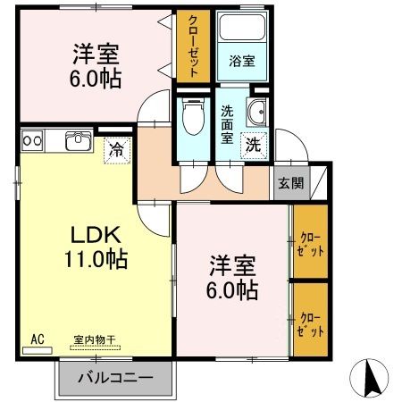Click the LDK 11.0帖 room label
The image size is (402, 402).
coord(99,247)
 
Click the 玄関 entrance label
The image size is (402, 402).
coord(290,183)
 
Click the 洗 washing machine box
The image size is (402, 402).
coord(254,144)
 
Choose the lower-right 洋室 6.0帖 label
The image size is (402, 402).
coord(234,278)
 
